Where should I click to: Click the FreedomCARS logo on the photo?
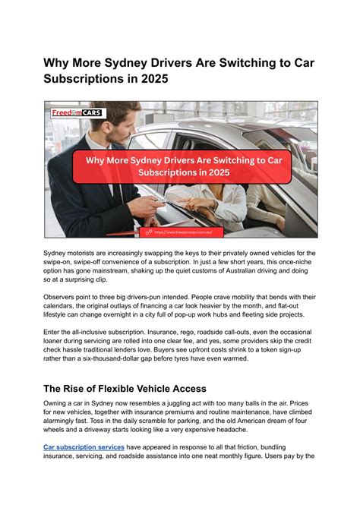click(78, 113)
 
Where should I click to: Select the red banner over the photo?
click(182, 165)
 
